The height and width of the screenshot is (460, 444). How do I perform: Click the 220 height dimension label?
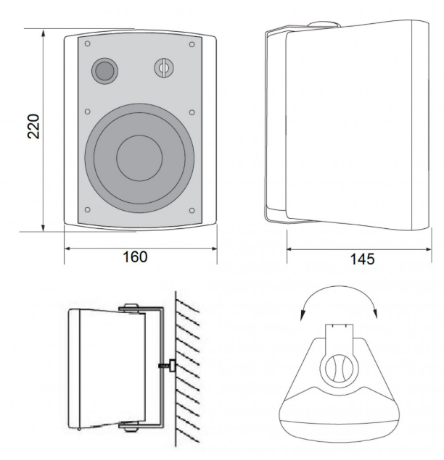click(x=33, y=126)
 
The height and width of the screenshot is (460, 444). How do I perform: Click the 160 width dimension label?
click(x=135, y=256)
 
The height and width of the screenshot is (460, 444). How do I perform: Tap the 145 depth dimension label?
click(x=362, y=259)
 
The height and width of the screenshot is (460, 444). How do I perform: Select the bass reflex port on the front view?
click(x=105, y=71)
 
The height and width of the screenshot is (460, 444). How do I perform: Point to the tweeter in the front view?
click(x=164, y=68)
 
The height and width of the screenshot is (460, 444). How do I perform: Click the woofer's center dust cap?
click(x=139, y=158)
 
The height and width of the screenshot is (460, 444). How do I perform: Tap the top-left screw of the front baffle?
click(x=87, y=43)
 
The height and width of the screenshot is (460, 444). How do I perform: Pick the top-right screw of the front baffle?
click(x=192, y=44)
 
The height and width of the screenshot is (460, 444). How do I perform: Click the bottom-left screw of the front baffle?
click(x=87, y=210)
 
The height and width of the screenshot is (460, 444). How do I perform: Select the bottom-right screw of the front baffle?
click(x=192, y=210)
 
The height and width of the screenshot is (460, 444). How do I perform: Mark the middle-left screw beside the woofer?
click(x=87, y=112)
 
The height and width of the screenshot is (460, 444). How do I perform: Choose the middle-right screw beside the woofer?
click(x=192, y=112)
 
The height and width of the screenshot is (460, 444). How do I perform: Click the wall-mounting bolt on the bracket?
click(x=168, y=366)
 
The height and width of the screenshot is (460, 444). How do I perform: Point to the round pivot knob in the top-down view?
click(x=339, y=368)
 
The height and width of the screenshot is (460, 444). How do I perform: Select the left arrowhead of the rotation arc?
click(x=302, y=315)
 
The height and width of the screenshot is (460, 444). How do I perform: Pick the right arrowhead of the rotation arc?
click(x=375, y=313)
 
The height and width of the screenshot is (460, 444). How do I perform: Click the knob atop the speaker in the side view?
click(x=324, y=24)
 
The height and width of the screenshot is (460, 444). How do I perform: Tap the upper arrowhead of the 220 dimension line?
click(x=44, y=33)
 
